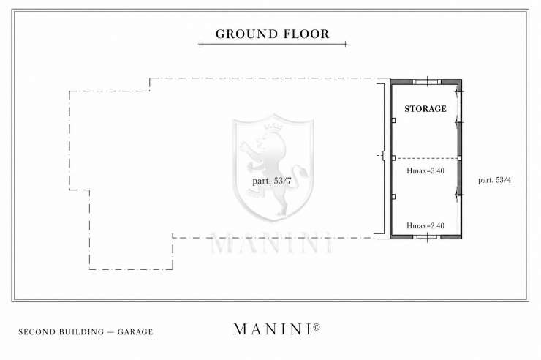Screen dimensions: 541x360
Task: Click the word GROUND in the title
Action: pyautogui.click(x=246, y=34)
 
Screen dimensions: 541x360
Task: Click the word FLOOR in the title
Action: pyautogui.click(x=306, y=34)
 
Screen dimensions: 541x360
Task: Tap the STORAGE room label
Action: pyautogui.click(x=425, y=109)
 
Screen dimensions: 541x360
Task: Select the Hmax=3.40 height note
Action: pyautogui.click(x=425, y=170)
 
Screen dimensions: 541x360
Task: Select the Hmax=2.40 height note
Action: pyautogui.click(x=425, y=226)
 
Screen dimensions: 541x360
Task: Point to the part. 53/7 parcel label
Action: pyautogui.click(x=272, y=181)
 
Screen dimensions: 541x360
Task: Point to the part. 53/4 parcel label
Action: pyautogui.click(x=494, y=180)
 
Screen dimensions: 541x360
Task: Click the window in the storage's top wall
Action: pyautogui.click(x=427, y=82)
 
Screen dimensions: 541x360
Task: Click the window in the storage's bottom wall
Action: pyautogui.click(x=427, y=236)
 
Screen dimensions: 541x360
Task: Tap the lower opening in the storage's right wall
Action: pyautogui.click(x=460, y=195)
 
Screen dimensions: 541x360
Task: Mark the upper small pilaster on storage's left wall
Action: pyautogui.click(x=393, y=120)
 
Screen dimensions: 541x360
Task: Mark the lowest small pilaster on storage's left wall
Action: pyautogui.click(x=393, y=197)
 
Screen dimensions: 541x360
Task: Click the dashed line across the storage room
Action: pyautogui.click(x=426, y=158)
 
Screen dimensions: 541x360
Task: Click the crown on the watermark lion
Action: pyautogui.click(x=273, y=127)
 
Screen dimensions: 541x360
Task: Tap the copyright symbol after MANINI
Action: pyautogui.click(x=317, y=326)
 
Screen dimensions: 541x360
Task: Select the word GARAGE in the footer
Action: pyautogui.click(x=135, y=332)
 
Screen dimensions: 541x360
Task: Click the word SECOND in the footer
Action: pyautogui.click(x=37, y=332)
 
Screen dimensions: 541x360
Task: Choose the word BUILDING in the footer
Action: pyautogui.click(x=82, y=332)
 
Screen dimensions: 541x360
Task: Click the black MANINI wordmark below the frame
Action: pyautogui.click(x=273, y=329)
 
